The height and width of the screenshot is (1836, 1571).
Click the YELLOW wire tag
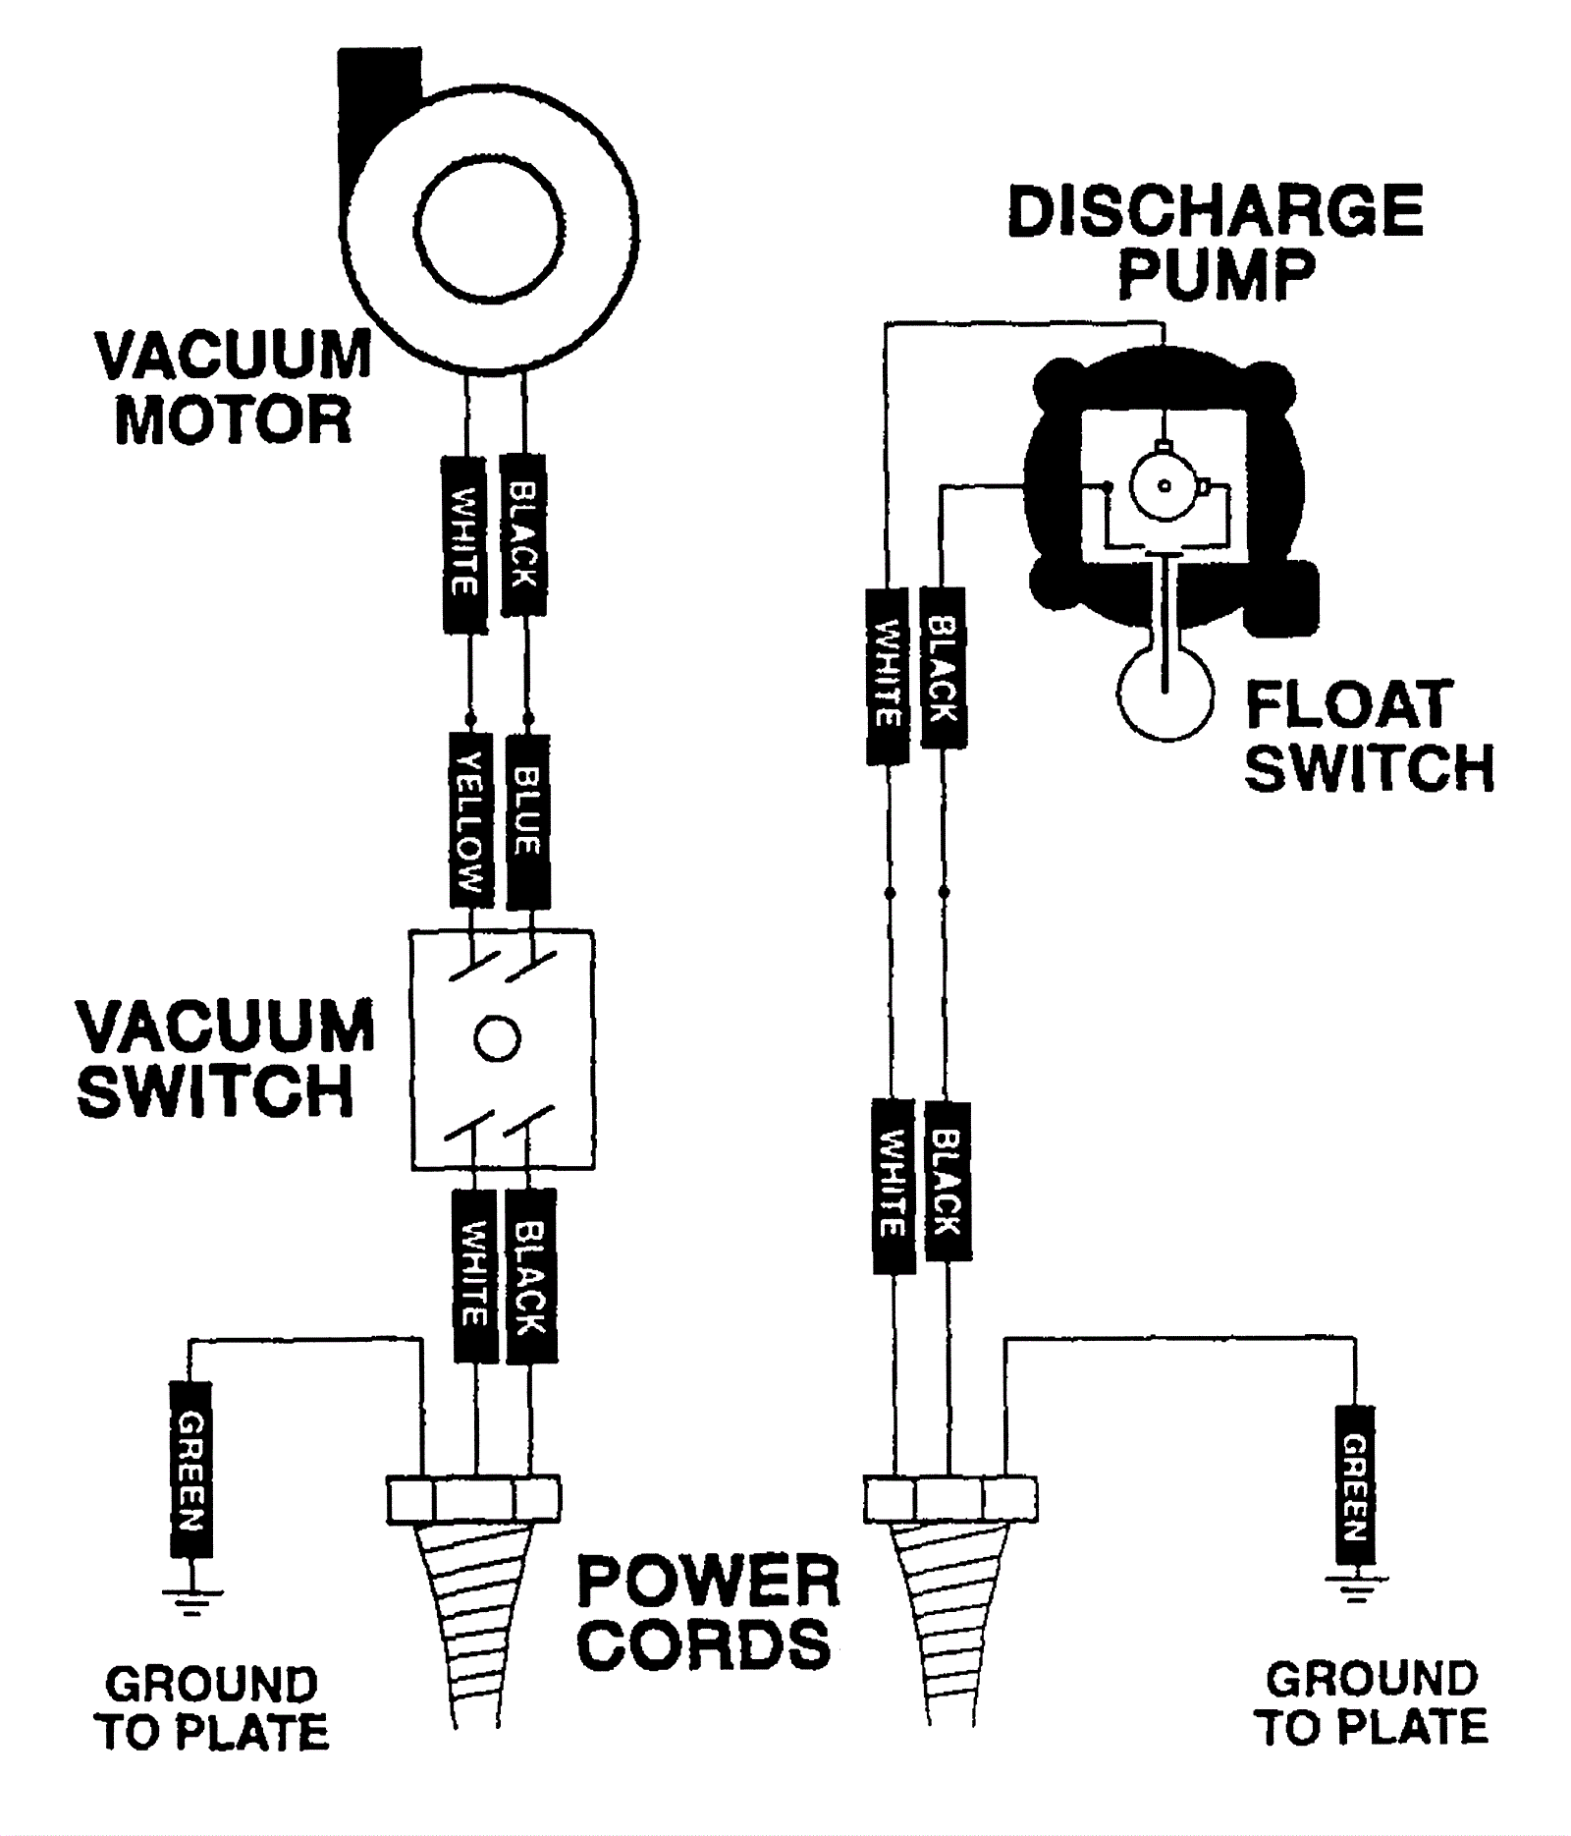[x=470, y=821]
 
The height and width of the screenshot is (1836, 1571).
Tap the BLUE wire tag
[x=527, y=821]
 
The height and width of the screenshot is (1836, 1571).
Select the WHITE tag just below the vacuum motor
[x=464, y=544]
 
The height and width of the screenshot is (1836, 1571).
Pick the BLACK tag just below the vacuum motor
[x=522, y=535]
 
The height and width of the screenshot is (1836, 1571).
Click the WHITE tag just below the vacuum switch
[x=475, y=1275]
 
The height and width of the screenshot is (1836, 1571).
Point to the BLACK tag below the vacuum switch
[x=531, y=1275]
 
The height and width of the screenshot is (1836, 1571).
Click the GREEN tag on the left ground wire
[x=190, y=1470]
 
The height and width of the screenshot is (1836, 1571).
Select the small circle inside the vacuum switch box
[x=497, y=1039]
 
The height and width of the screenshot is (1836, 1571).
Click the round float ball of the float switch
[x=1165, y=693]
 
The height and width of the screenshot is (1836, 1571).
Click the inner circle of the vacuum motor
[x=489, y=229]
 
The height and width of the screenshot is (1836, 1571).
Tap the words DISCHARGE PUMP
[x=1216, y=242]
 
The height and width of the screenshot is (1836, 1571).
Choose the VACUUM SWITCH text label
[x=226, y=1059]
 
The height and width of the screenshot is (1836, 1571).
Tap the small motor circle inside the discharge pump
[x=1165, y=485]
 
